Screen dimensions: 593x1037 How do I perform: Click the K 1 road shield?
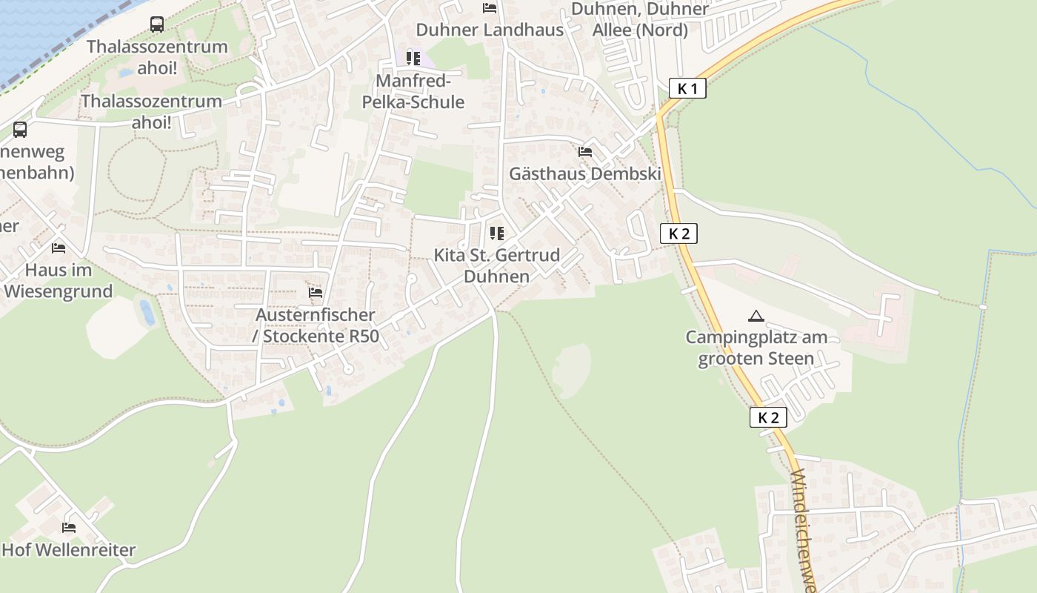(687, 89)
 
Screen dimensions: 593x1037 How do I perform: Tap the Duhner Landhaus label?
(490, 30)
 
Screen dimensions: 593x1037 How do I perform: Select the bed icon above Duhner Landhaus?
(490, 8)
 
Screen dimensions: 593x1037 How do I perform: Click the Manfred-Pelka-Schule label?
(413, 91)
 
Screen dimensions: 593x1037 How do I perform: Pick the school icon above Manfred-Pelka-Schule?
(413, 58)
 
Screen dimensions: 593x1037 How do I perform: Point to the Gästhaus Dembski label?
(585, 173)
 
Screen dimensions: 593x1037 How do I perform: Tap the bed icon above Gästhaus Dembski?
(585, 152)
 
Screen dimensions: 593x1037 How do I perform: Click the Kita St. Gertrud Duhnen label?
(496, 266)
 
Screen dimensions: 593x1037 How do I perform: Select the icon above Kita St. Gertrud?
(496, 233)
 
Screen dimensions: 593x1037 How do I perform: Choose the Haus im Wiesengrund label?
(59, 280)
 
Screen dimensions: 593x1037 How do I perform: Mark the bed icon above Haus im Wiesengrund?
(59, 248)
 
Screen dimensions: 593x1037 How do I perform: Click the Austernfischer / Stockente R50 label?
(316, 325)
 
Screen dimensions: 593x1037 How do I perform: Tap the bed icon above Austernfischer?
(316, 293)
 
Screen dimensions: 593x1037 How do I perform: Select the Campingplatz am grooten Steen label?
(756, 348)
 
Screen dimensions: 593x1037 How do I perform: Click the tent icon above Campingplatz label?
(756, 317)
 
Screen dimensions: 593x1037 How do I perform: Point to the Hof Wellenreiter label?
(69, 550)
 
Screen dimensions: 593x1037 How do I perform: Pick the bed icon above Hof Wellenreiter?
(69, 528)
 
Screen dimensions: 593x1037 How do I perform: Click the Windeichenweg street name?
(803, 530)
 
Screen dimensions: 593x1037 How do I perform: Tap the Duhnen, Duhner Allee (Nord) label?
(641, 20)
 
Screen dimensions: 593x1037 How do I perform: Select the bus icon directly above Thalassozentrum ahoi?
(157, 24)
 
